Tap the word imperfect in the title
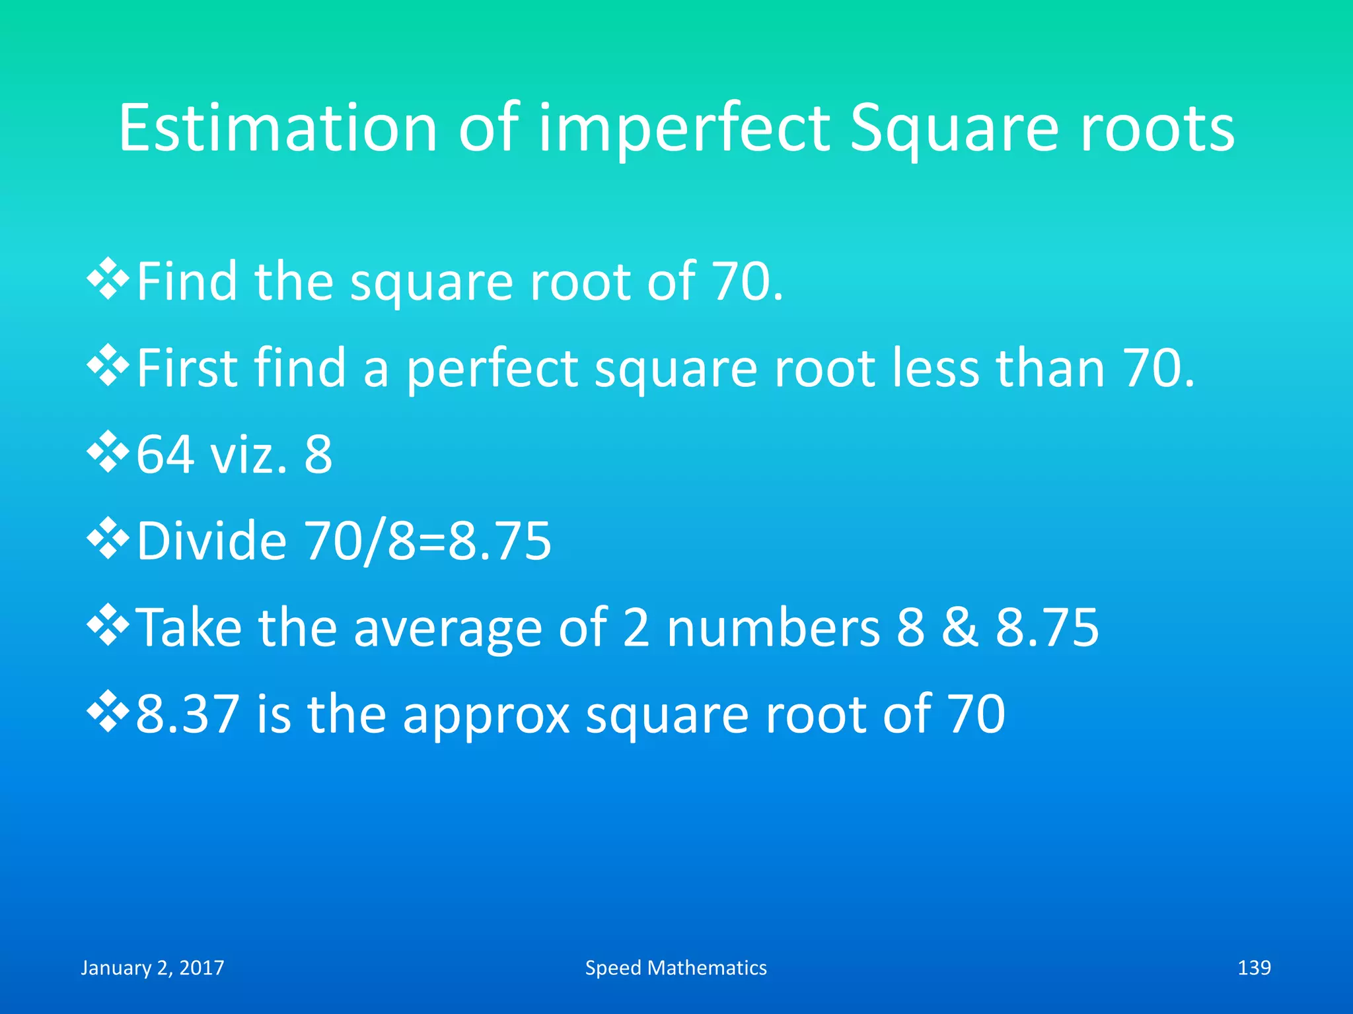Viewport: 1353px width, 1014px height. (x=684, y=129)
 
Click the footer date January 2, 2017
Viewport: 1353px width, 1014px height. (x=153, y=968)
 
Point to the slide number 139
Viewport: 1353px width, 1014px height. (x=1254, y=968)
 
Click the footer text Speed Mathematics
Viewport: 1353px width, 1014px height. (x=676, y=968)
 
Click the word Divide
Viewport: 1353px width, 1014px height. (x=211, y=541)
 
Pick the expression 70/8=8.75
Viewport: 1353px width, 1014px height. (x=427, y=541)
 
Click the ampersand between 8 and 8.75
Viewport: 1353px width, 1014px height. (x=959, y=627)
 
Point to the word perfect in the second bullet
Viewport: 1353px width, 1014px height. (x=492, y=369)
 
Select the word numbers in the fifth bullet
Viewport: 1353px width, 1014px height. (x=774, y=627)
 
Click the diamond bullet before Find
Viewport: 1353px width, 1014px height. (x=107, y=280)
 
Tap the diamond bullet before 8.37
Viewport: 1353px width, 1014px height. (x=107, y=713)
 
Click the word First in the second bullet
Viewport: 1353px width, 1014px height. (x=186, y=368)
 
